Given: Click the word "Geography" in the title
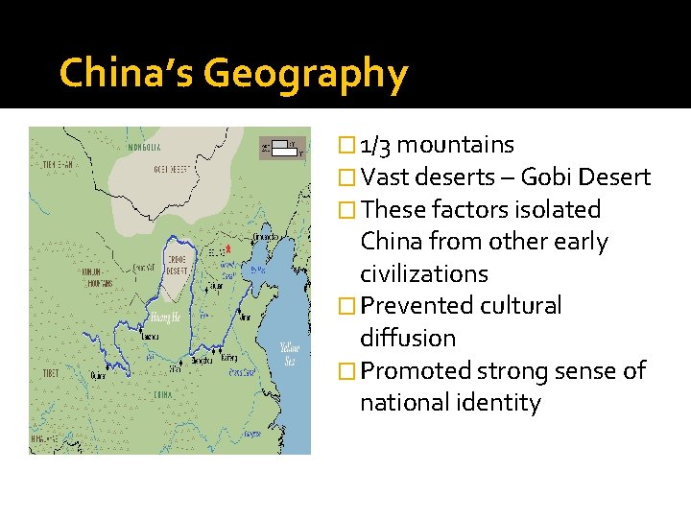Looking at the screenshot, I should [x=306, y=74].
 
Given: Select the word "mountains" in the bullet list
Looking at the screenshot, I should [x=455, y=145].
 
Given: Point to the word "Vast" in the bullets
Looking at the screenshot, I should [x=387, y=177].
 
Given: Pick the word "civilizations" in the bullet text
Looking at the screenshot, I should [x=424, y=273].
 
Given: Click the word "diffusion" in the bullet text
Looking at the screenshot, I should [x=408, y=338].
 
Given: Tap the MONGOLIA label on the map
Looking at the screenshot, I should [x=144, y=147].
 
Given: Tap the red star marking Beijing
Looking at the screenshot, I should [x=227, y=252].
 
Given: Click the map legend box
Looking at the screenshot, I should [x=282, y=148].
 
